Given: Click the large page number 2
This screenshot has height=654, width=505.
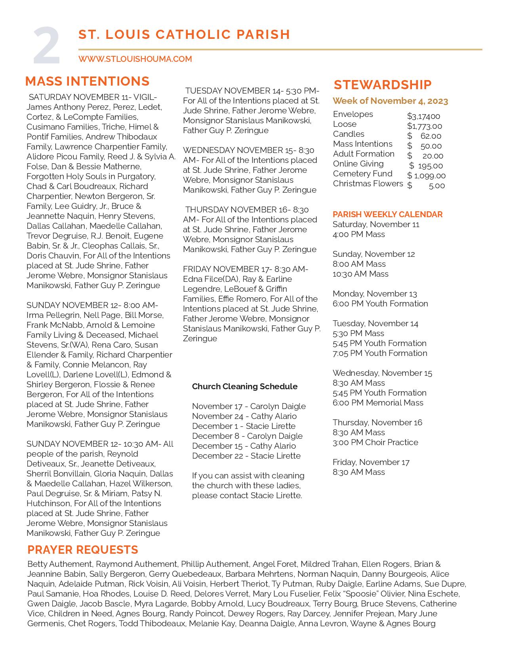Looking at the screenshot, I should [46, 46].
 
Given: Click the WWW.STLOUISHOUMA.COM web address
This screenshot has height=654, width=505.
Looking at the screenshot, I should [135, 59].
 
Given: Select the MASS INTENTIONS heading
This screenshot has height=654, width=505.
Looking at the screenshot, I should [87, 81].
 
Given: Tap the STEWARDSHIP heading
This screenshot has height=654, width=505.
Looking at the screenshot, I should [383, 85].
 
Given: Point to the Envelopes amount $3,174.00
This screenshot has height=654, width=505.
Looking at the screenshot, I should [423, 116].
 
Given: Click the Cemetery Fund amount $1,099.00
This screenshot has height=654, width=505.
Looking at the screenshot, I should [426, 176].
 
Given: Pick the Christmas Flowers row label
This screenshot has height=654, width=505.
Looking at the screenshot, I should [368, 184].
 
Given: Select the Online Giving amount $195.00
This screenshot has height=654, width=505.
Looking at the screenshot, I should [426, 166].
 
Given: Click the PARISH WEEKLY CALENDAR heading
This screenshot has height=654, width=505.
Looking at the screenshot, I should [387, 214].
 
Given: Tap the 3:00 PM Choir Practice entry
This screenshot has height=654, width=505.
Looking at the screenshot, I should [375, 442].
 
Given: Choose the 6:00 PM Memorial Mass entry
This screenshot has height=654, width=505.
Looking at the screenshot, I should [378, 403].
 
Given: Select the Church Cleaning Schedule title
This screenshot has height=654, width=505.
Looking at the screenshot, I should [244, 386].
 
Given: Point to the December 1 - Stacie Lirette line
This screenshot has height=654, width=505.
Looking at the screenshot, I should [244, 426].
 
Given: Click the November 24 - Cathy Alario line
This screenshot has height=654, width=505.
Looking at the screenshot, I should [244, 416].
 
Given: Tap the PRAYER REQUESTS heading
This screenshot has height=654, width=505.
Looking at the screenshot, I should [83, 550].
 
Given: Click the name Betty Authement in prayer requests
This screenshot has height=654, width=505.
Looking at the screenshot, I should [60, 564].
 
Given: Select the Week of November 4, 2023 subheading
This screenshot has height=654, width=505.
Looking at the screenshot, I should [390, 101].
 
